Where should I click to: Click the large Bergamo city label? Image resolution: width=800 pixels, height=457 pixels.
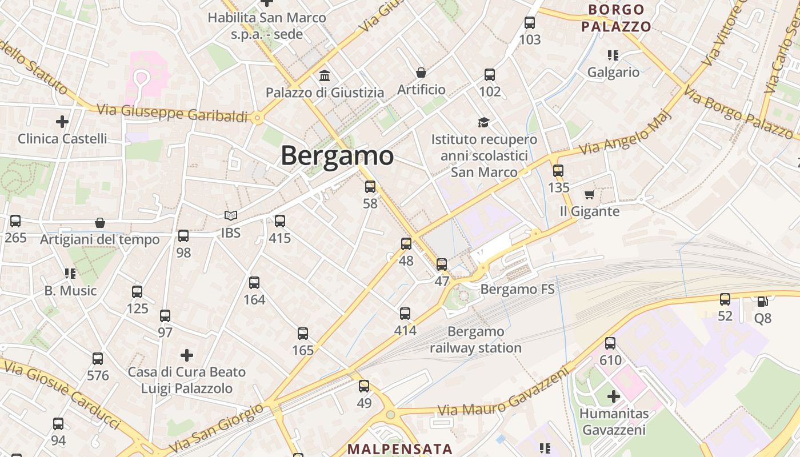pos(337,155)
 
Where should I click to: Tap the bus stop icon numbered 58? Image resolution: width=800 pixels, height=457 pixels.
pos(370,186)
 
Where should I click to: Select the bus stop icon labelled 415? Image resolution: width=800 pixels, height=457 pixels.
pos(280,221)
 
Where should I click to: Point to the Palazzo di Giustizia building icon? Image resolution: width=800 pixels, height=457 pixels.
pos(325,75)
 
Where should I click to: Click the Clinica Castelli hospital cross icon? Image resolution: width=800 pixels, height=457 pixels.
pos(62,122)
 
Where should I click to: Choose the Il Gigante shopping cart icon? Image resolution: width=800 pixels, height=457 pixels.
pos(590,195)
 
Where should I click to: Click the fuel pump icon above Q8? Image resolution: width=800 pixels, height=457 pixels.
pos(762,302)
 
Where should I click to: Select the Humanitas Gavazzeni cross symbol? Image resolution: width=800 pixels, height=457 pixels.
pos(614,396)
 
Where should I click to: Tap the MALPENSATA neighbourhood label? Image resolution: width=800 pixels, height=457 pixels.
pos(399,449)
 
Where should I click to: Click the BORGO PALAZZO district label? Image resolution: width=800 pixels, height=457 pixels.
pos(616,18)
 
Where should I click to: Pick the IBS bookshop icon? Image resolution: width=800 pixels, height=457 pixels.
pos(231,215)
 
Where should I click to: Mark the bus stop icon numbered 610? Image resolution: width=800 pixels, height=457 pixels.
pos(610,343)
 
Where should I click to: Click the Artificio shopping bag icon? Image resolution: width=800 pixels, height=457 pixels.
pos(421,73)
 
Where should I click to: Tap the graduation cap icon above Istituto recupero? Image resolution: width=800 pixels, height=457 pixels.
pos(484,123)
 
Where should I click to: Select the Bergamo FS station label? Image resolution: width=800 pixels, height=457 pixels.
pos(517,289)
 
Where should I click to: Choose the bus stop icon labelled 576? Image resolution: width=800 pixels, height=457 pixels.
pos(98,359)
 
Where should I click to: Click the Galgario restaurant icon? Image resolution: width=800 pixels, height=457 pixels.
pos(613,55)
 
